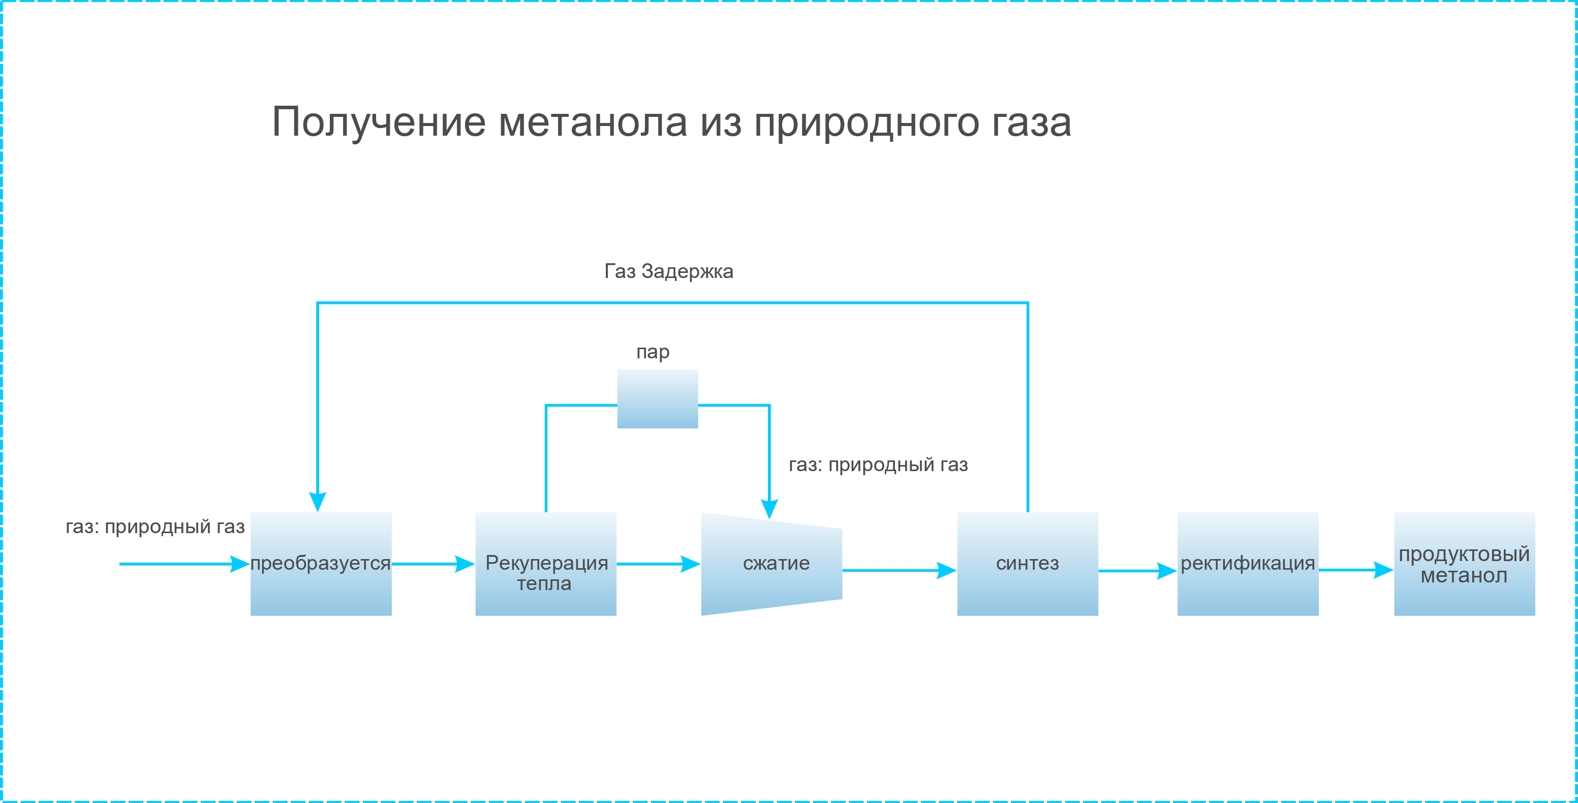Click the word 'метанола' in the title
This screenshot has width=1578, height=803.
pyautogui.click(x=593, y=122)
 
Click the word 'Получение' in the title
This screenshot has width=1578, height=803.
pyautogui.click(x=379, y=122)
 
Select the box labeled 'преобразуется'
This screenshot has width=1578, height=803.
pyautogui.click(x=321, y=564)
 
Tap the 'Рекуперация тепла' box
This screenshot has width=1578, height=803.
pyautogui.click(x=546, y=564)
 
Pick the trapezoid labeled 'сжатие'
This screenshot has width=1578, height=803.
pyautogui.click(x=771, y=564)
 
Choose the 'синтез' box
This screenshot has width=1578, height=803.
pyautogui.click(x=1027, y=564)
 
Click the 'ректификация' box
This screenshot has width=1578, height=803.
pyautogui.click(x=1247, y=564)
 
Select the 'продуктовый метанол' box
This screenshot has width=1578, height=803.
pyautogui.click(x=1464, y=564)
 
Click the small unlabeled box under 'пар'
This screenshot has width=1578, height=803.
pyautogui.click(x=657, y=399)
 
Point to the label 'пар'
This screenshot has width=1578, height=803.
pyautogui.click(x=653, y=353)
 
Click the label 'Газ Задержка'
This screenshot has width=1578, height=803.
pyautogui.click(x=669, y=271)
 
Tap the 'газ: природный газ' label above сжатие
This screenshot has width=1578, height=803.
pyautogui.click(x=878, y=465)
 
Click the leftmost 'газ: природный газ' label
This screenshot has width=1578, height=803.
pyautogui.click(x=156, y=527)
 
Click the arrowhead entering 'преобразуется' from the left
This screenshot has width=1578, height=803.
pyautogui.click(x=240, y=564)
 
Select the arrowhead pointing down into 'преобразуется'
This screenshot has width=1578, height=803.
pyautogui.click(x=317, y=502)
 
